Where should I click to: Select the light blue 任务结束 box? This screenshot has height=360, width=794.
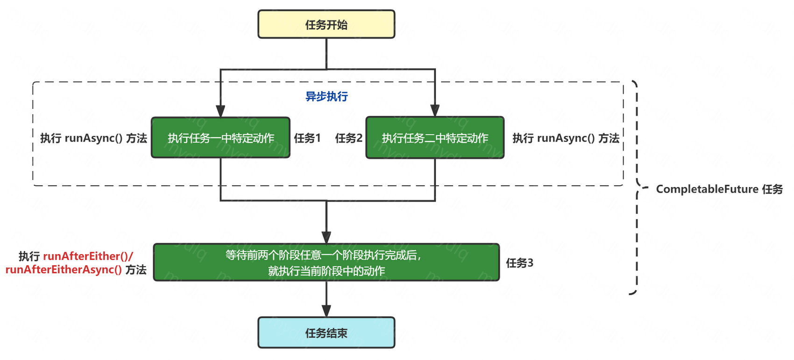pos(326,332)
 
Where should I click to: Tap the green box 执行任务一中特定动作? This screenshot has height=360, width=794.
pos(220,138)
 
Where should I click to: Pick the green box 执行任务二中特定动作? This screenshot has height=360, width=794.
pos(435,138)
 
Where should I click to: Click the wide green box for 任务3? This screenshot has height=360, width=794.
pos(326,262)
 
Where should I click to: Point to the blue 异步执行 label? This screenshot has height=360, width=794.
pos(326,96)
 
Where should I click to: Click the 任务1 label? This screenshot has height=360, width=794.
pos(307,138)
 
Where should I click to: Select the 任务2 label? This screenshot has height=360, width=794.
pos(348,138)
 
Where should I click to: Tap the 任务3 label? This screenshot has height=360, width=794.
pos(519,263)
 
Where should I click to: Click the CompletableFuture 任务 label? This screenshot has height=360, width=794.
pos(719,189)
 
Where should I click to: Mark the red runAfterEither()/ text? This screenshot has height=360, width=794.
pos(88,256)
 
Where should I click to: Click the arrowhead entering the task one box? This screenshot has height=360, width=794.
pos(220,111)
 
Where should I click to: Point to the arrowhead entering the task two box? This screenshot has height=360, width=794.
pos(435,111)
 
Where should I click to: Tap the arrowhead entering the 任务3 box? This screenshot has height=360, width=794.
pos(326,237)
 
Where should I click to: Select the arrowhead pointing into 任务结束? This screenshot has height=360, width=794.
pos(326,311)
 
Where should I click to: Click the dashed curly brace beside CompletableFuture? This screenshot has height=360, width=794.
pos(636,187)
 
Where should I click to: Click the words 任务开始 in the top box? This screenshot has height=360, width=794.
pos(326,25)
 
